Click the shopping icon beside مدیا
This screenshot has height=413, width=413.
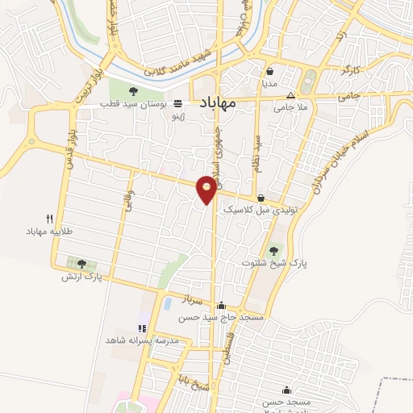[x=270, y=70]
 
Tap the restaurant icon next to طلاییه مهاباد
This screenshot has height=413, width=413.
[x=49, y=219]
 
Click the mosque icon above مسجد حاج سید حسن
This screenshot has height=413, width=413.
[x=222, y=306]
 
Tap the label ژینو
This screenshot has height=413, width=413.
[x=176, y=116]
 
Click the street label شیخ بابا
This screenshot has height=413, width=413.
[x=195, y=386]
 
